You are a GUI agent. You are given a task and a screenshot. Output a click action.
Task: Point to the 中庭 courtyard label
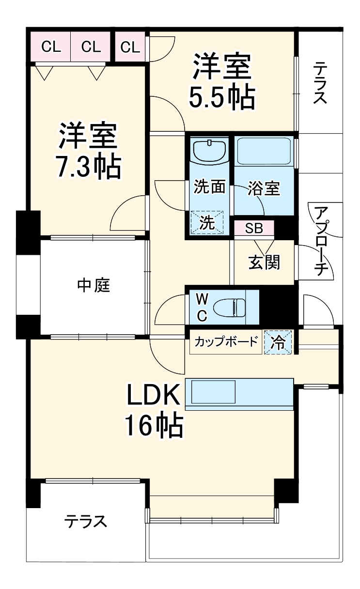click(x=94, y=286)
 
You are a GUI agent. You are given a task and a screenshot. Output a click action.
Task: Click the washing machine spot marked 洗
click(x=207, y=223)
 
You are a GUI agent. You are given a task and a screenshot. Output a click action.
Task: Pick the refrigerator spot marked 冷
click(x=278, y=342)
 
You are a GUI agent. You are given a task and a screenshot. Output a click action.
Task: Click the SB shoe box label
click(x=254, y=228)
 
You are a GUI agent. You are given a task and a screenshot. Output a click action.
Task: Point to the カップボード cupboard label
click(x=226, y=342)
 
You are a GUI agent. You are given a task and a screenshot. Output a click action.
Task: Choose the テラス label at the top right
click(x=320, y=83)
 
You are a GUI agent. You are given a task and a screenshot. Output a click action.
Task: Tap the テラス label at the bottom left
click(x=86, y=522)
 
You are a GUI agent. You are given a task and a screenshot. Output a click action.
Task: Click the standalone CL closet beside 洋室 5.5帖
click(x=130, y=47)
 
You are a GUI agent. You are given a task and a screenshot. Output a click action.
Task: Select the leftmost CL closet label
click(x=51, y=47)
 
